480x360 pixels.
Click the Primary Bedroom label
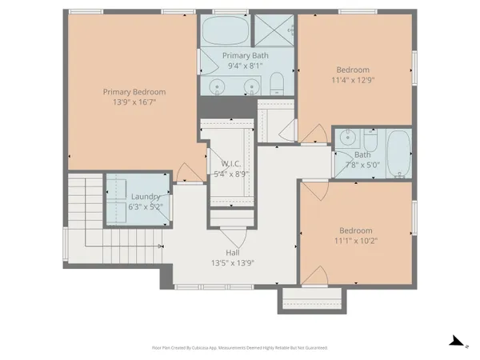[133, 91]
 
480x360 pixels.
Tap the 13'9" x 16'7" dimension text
[133, 102]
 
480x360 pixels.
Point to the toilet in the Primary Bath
[276, 84]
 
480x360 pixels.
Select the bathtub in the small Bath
[398, 148]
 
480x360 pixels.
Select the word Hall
[232, 253]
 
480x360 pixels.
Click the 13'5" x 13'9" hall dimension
[232, 262]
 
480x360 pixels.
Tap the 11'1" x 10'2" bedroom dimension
[356, 239]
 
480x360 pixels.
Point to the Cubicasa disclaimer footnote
[239, 348]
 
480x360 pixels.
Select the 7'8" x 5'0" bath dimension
[362, 165]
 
